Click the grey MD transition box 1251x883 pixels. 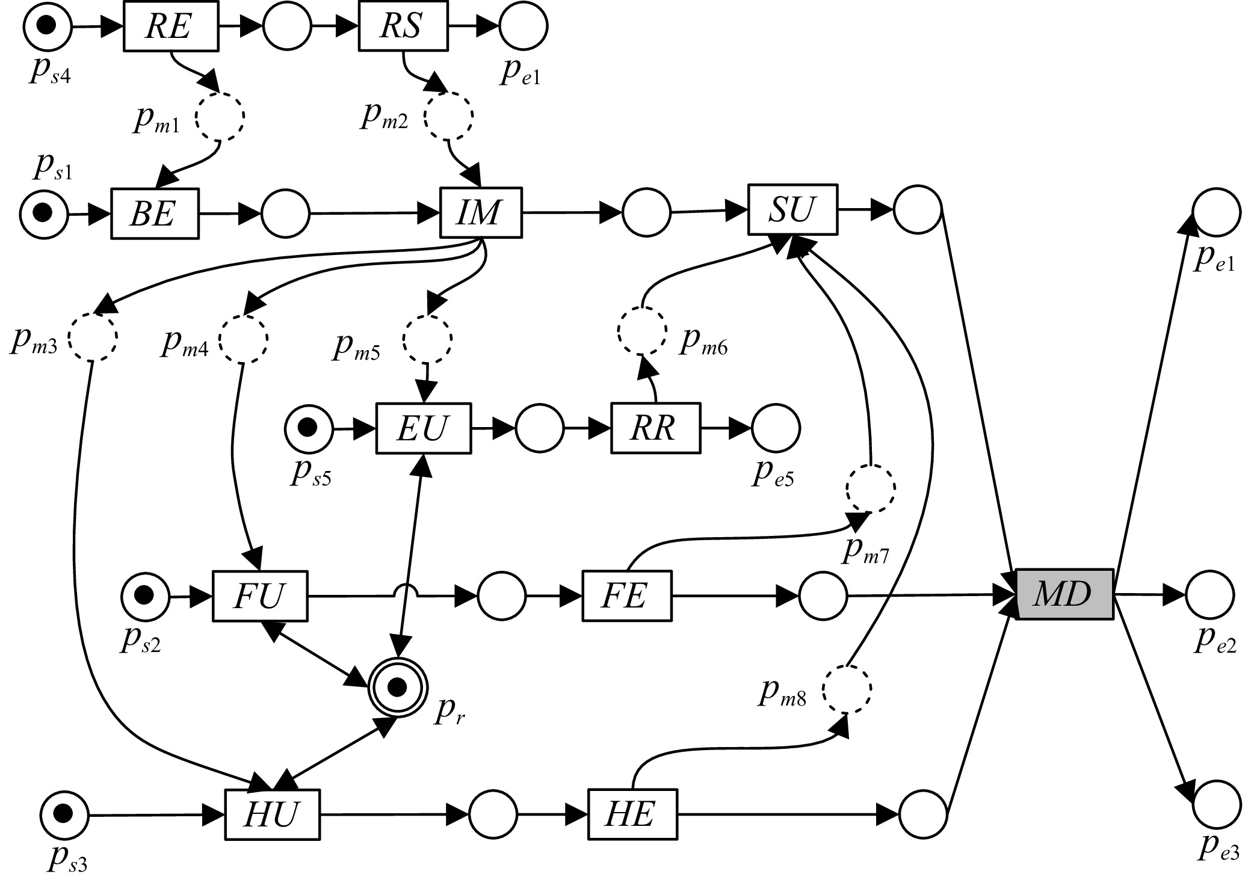pyautogui.click(x=1063, y=594)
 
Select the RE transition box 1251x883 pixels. pyautogui.click(x=171, y=27)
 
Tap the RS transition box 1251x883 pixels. pyautogui.click(x=403, y=27)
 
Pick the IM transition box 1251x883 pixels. pyautogui.click(x=480, y=213)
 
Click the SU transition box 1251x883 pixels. pyautogui.click(x=792, y=209)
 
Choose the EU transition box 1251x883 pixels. pyautogui.click(x=423, y=428)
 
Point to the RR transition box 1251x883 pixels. pyautogui.click(x=655, y=428)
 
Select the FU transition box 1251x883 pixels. pyautogui.click(x=259, y=596)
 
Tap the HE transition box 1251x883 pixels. pyautogui.click(x=631, y=815)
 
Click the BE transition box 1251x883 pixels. pyautogui.click(x=154, y=214)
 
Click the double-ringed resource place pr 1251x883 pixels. pyautogui.click(x=397, y=686)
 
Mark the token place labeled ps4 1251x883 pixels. pyautogui.click(x=48, y=26)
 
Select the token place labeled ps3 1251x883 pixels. pyautogui.click(x=64, y=814)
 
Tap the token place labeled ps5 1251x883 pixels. pyautogui.click(x=308, y=428)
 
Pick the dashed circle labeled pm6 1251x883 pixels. pyautogui.click(x=642, y=330)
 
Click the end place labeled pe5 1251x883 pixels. pyautogui.click(x=776, y=428)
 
